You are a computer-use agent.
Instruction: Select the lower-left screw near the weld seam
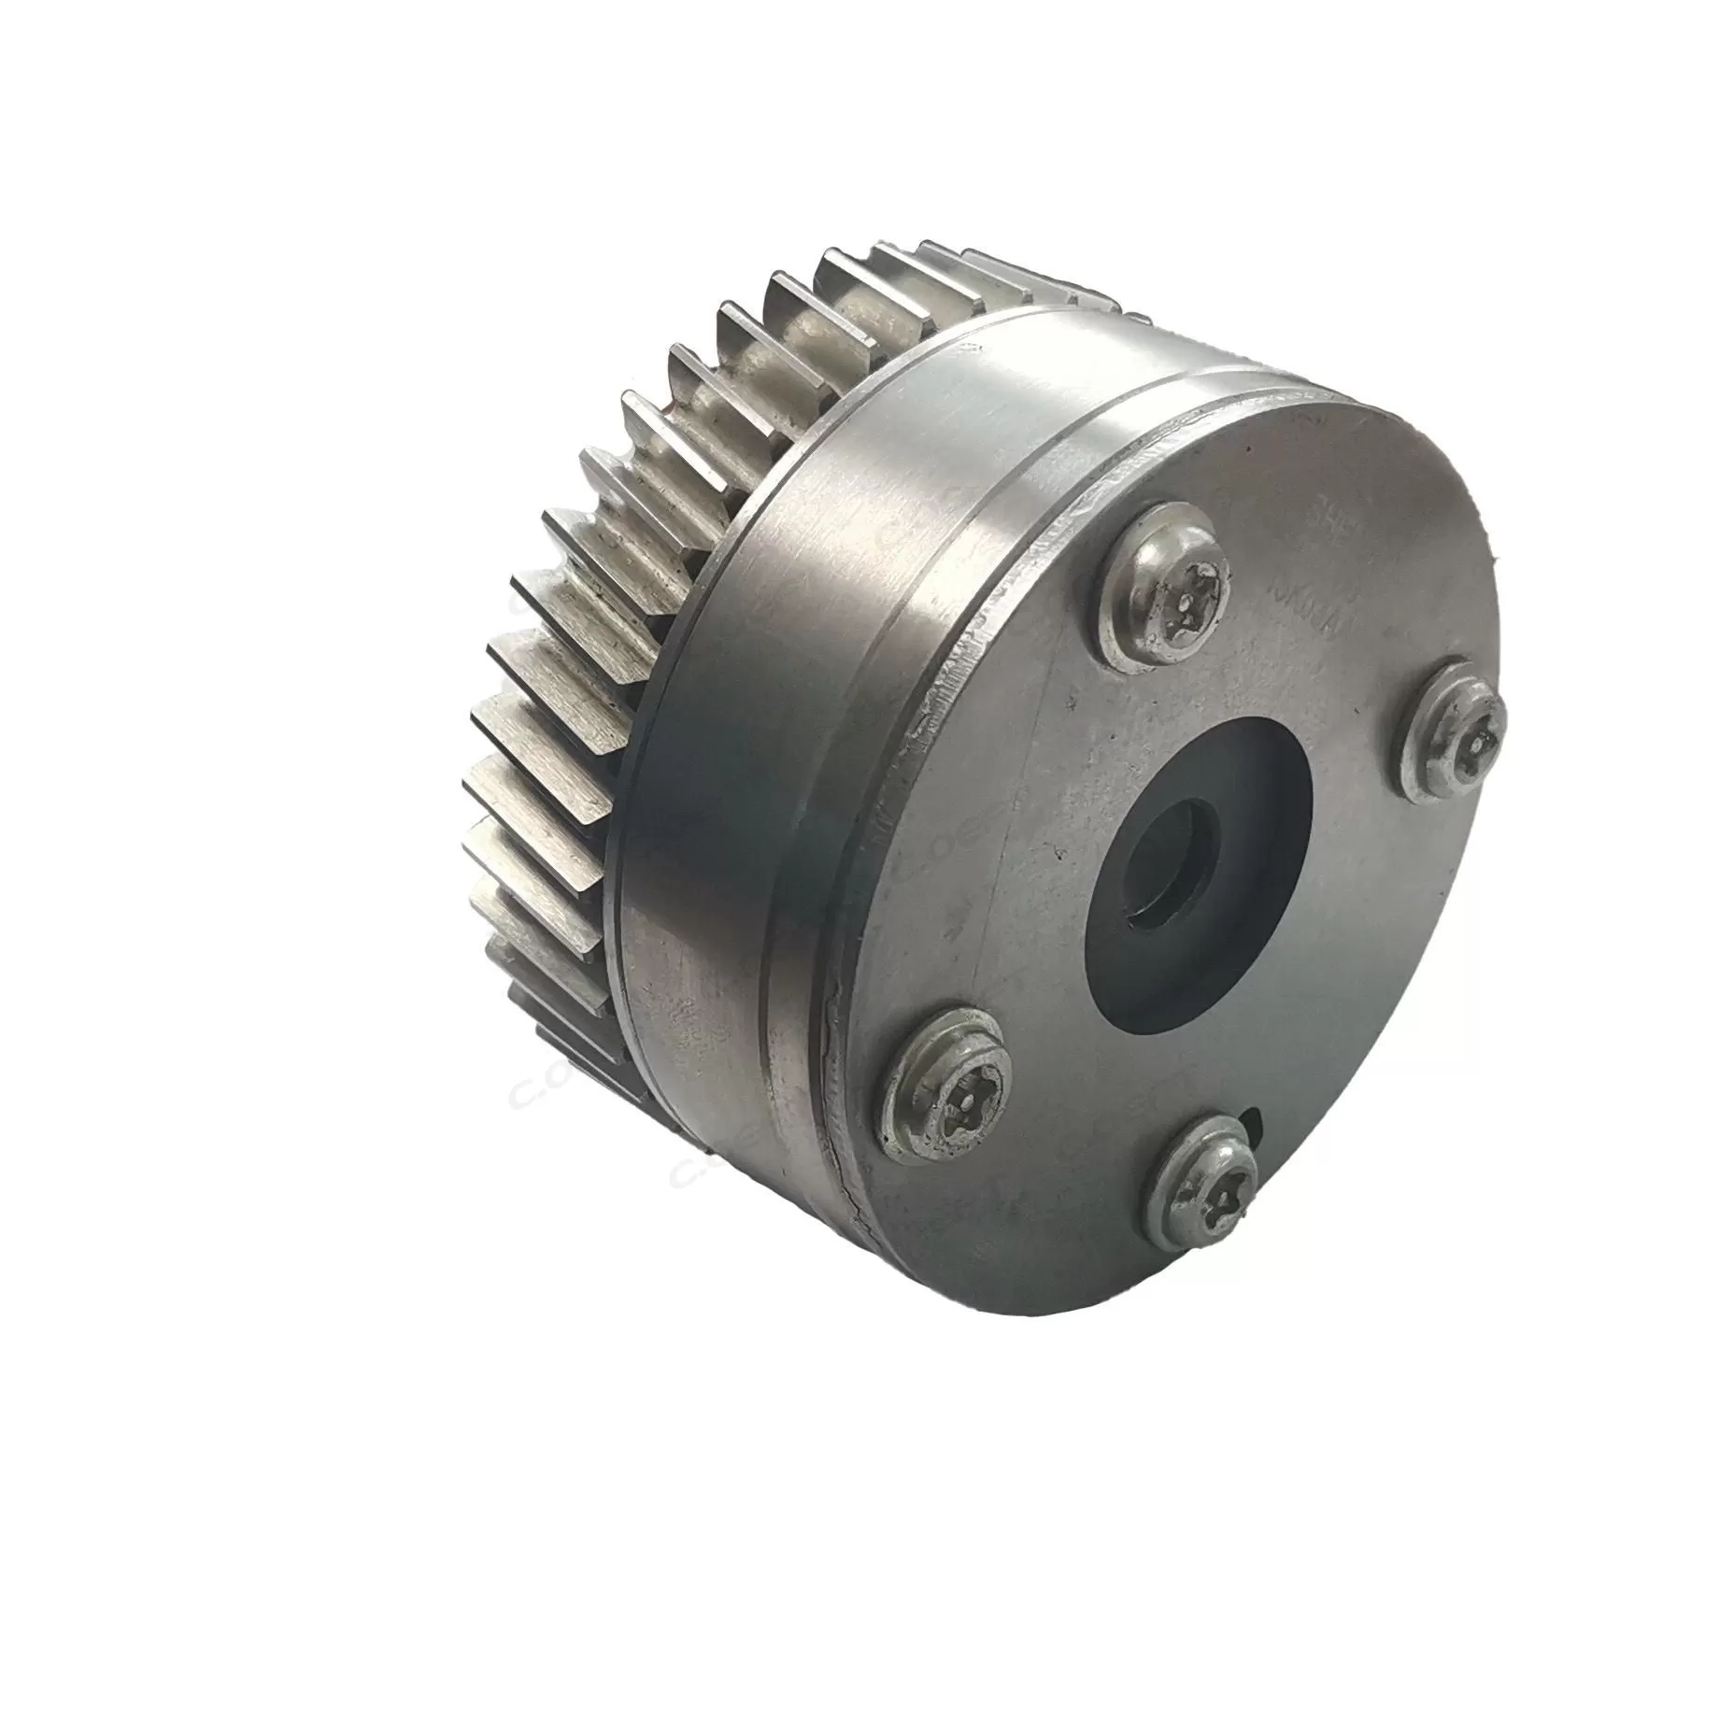point(950,1087)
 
